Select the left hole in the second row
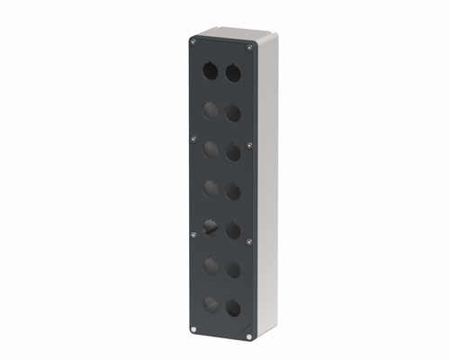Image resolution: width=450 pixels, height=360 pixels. coord(210,110)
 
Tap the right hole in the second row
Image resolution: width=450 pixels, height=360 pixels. coord(233,112)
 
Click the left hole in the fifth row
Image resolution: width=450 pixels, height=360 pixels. coord(210,228)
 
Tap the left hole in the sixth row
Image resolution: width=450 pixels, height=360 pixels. coord(210,266)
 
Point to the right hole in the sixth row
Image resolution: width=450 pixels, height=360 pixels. coord(233,269)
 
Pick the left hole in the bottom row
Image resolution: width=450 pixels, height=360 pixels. coord(210,304)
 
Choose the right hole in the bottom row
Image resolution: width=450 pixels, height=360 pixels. coord(233,308)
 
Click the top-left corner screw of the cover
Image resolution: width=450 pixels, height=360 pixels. coord(193,40)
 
